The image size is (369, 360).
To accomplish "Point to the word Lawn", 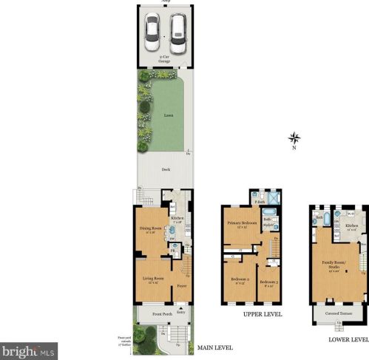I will [169, 116].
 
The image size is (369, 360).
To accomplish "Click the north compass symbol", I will [294, 137].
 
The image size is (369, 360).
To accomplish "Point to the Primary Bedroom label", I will [241, 223].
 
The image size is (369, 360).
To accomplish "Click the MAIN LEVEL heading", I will [215, 347].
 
